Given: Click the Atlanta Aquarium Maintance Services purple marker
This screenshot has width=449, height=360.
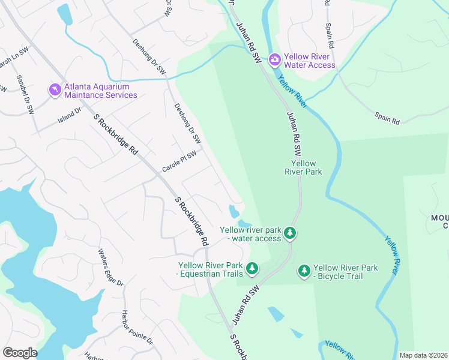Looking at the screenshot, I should tap(55, 90).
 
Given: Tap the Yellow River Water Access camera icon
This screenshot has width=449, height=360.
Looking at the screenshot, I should tap(275, 59).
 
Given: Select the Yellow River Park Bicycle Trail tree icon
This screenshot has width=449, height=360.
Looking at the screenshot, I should tap(304, 271).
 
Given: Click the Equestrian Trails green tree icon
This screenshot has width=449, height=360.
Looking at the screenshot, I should tap(253, 268).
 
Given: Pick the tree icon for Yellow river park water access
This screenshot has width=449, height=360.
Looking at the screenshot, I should tap(290, 233).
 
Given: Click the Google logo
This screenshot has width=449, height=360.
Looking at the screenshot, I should tap(20, 353).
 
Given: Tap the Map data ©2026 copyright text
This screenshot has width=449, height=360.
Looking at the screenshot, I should tap(423, 355).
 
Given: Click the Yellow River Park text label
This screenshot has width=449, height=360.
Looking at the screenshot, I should tap(303, 167).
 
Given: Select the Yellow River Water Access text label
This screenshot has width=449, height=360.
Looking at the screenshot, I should tap(310, 61).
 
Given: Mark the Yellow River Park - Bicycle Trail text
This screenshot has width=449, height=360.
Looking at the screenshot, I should tap(346, 272).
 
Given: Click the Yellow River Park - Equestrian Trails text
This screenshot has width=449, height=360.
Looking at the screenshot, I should tap(210, 270).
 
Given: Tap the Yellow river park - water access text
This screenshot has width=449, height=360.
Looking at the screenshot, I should tap(250, 234).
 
